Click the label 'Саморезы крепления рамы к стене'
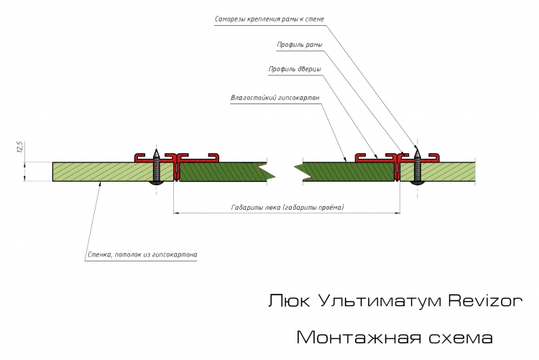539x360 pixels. coord(269,19)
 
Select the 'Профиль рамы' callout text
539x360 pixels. coord(300,45)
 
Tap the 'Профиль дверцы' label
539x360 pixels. coord(295,70)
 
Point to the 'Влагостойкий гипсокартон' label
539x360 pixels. coord(275,98)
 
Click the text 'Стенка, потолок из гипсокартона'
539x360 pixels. coord(142,255)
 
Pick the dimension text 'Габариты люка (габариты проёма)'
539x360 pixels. coord(287,208)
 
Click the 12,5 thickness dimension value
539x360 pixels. coord(19,147)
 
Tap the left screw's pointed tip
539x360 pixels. coord(157,149)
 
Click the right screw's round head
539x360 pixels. coord(418,183)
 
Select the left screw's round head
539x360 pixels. coord(157,183)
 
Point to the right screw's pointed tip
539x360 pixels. coord(418,148)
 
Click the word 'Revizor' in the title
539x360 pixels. coord(485,300)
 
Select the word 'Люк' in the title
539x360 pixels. coord(290,300)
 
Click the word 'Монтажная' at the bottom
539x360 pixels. coord(359,337)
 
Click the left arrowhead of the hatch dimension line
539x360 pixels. coord(176,213)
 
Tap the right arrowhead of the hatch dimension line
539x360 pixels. coord(397,213)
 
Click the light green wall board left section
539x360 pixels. coord(103,172)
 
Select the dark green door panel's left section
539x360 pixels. coord(224,172)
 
